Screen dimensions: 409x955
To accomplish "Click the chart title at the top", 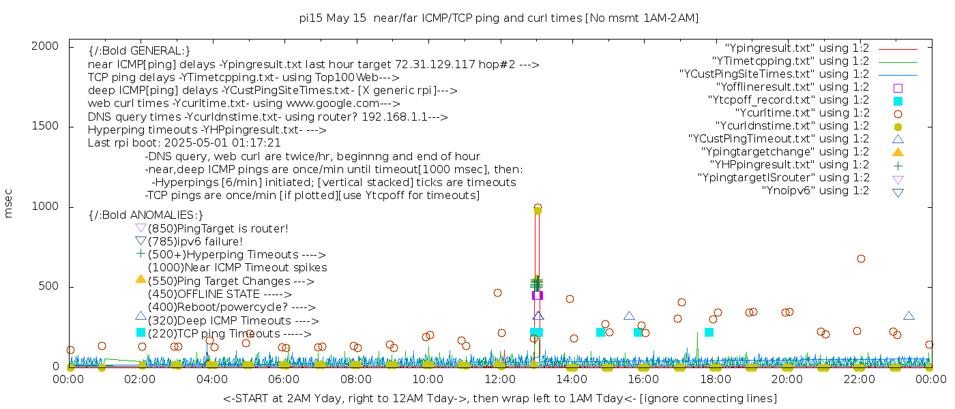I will tap(499, 18).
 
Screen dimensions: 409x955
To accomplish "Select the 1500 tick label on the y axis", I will tap(46, 126).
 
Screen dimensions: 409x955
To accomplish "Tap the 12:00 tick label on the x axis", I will tap(499, 380).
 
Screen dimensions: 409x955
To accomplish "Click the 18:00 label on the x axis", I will tap(715, 380).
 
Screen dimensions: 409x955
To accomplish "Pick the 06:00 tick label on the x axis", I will tap(284, 380).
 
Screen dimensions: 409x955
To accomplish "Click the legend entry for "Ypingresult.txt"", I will tap(797, 48).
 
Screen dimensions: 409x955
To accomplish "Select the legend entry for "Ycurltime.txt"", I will tap(802, 113).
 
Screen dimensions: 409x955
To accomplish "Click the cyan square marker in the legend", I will tap(898, 101).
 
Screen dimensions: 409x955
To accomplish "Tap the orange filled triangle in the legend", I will tap(898, 152).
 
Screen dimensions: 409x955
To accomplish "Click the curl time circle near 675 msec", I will tap(861, 259).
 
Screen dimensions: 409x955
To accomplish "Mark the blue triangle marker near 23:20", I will tap(909, 316).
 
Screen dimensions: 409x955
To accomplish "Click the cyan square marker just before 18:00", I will tap(709, 332).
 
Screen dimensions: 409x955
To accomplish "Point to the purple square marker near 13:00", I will tap(537, 295).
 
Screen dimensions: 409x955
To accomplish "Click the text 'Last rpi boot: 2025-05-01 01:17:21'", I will tap(184, 143).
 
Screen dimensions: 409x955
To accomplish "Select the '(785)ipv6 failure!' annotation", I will tap(195, 242).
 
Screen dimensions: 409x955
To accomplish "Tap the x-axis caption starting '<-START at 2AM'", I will tap(499, 398).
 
